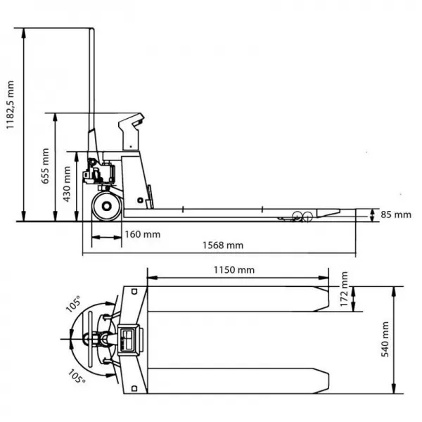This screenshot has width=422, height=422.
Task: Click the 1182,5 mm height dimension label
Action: [11, 105]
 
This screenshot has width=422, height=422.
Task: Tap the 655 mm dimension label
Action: [45, 166]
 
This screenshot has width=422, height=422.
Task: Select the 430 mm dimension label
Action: [67, 184]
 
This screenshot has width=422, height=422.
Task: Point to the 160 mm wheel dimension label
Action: [143, 234]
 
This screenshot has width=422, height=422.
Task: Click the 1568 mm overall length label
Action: [223, 245]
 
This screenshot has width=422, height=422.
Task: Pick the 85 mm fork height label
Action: [396, 215]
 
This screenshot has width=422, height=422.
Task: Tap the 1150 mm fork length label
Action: [234, 269]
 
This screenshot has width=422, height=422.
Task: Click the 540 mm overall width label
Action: [385, 339]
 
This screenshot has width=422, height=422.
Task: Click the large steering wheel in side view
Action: [107, 206]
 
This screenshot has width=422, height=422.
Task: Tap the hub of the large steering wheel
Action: [107, 206]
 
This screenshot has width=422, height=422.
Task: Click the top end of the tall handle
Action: [91, 28]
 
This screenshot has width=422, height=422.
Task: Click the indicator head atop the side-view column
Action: [132, 132]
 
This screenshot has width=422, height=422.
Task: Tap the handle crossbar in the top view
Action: [90, 339]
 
